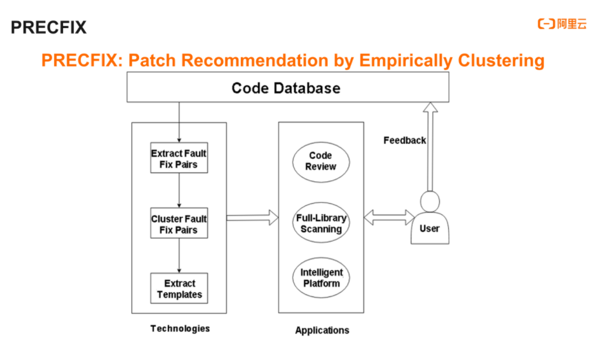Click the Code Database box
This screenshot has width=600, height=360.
click(x=287, y=87)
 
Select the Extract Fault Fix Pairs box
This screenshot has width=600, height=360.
click(x=179, y=158)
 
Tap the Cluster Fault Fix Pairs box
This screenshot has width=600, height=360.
click(x=179, y=224)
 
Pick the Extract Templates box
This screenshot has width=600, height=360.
click(x=179, y=289)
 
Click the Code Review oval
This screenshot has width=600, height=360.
click(x=320, y=161)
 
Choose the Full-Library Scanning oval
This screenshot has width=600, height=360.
click(x=321, y=223)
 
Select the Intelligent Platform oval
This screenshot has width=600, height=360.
click(x=321, y=277)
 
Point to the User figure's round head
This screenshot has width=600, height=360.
click(x=430, y=202)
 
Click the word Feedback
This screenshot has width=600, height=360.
click(x=404, y=140)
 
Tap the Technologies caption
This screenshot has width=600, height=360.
click(x=180, y=328)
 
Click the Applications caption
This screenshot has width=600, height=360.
click(x=322, y=330)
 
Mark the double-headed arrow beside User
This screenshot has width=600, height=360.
click(x=389, y=218)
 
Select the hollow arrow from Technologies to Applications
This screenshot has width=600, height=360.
click(x=252, y=218)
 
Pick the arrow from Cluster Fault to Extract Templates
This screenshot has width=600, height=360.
click(x=179, y=256)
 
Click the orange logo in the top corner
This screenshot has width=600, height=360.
click(x=562, y=24)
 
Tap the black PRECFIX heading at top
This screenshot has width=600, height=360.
click(x=48, y=27)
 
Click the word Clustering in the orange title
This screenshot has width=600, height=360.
click(x=500, y=60)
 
